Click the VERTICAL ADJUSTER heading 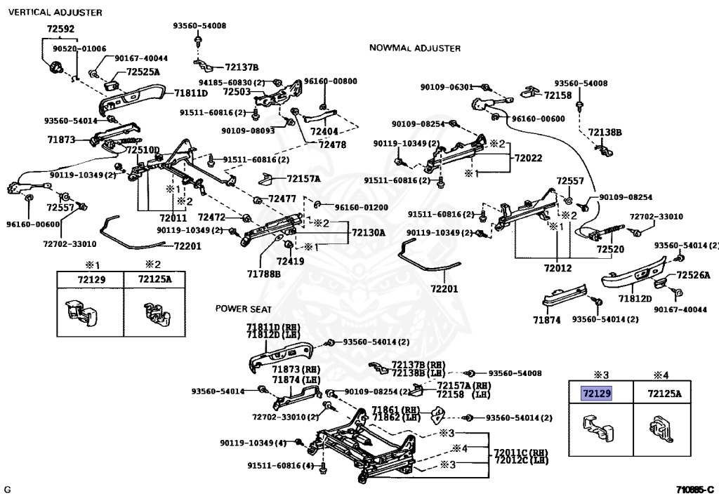[x=55, y=13]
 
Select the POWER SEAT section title [x=244, y=309]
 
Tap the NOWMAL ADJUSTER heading [x=415, y=48]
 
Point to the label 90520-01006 [x=79, y=48]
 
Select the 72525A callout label [x=143, y=72]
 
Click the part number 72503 [x=237, y=92]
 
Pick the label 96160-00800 [x=331, y=81]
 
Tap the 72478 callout [x=332, y=145]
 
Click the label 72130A [x=369, y=233]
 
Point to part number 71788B [x=264, y=274]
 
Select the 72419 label [x=290, y=262]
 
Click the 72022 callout [x=528, y=158]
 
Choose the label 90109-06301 [x=447, y=87]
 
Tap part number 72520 [x=610, y=250]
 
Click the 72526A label [x=693, y=275]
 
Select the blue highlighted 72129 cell [x=597, y=394]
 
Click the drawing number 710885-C [x=695, y=490]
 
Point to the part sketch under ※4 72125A [x=661, y=429]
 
